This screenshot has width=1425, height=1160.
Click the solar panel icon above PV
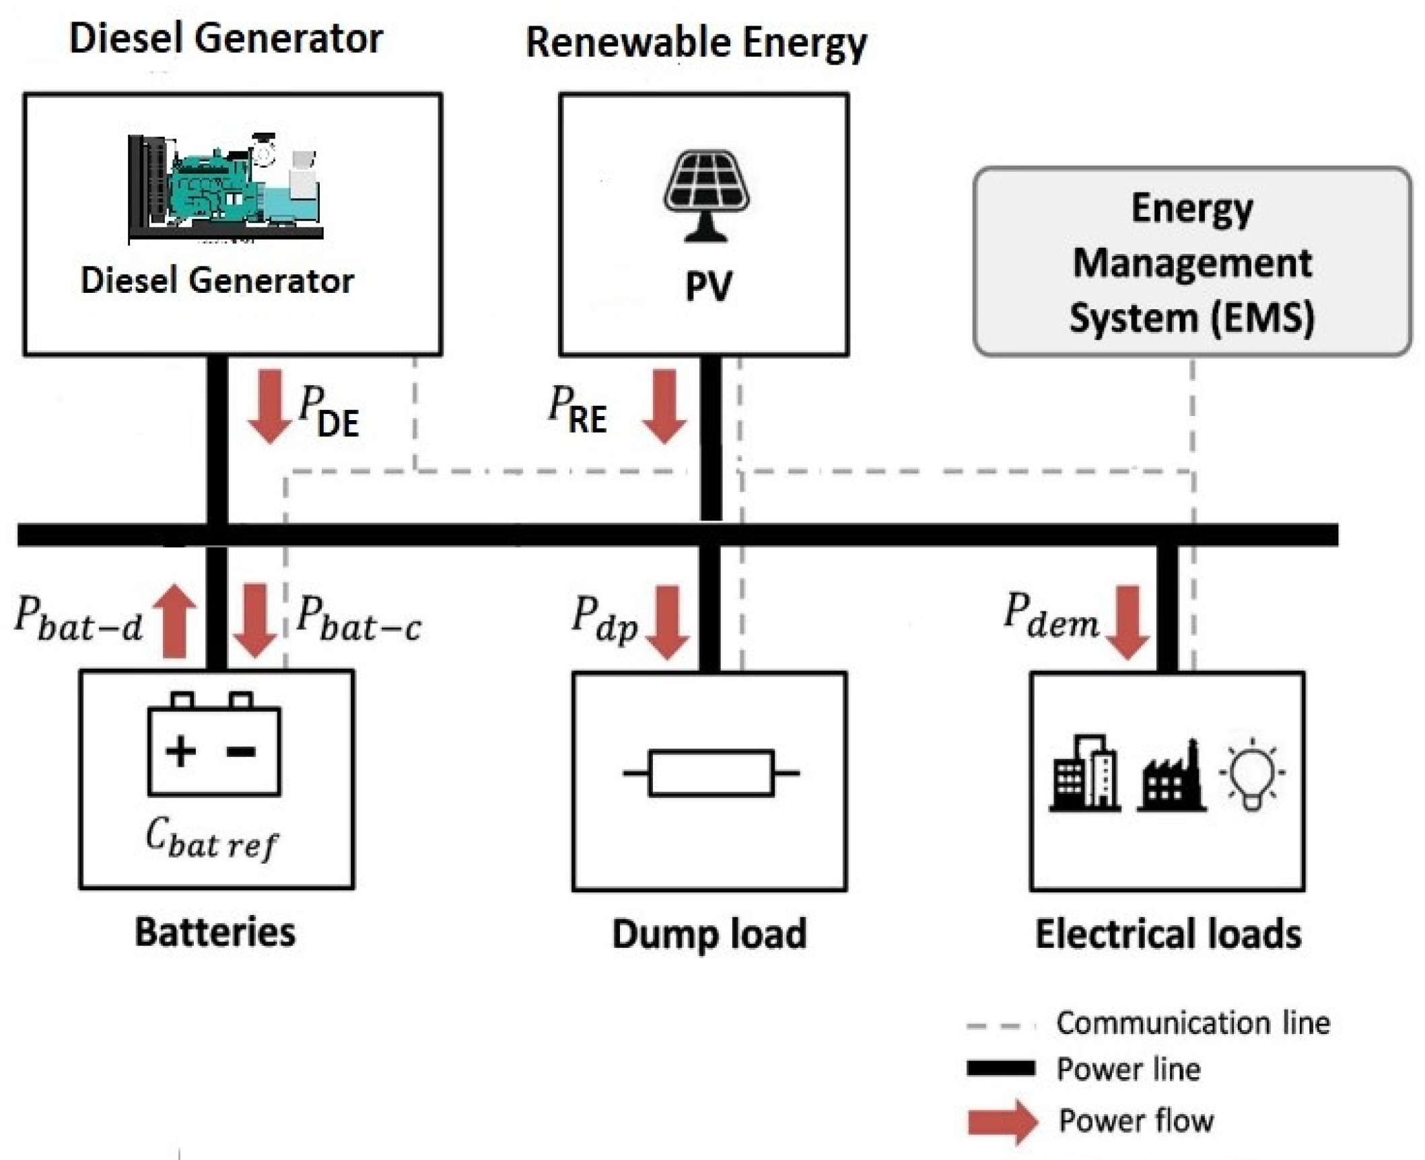coord(706,195)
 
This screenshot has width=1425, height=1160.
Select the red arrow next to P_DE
coord(270,406)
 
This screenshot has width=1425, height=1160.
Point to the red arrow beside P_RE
coord(664,406)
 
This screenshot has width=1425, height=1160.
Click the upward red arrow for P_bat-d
coord(174,620)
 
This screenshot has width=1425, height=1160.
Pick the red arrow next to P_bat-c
coord(254,620)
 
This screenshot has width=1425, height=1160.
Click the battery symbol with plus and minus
coord(214,745)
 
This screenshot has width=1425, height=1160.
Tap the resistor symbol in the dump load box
coord(711,773)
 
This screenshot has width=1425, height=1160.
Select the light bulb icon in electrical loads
coord(1251,776)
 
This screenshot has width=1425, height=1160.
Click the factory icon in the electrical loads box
coord(1171,778)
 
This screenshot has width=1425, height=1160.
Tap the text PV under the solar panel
coord(708,286)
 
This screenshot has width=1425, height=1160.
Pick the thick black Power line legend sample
coord(1001,1068)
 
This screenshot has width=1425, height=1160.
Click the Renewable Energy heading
coord(696,43)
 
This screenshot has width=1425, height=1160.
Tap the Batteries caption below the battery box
coord(215,932)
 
